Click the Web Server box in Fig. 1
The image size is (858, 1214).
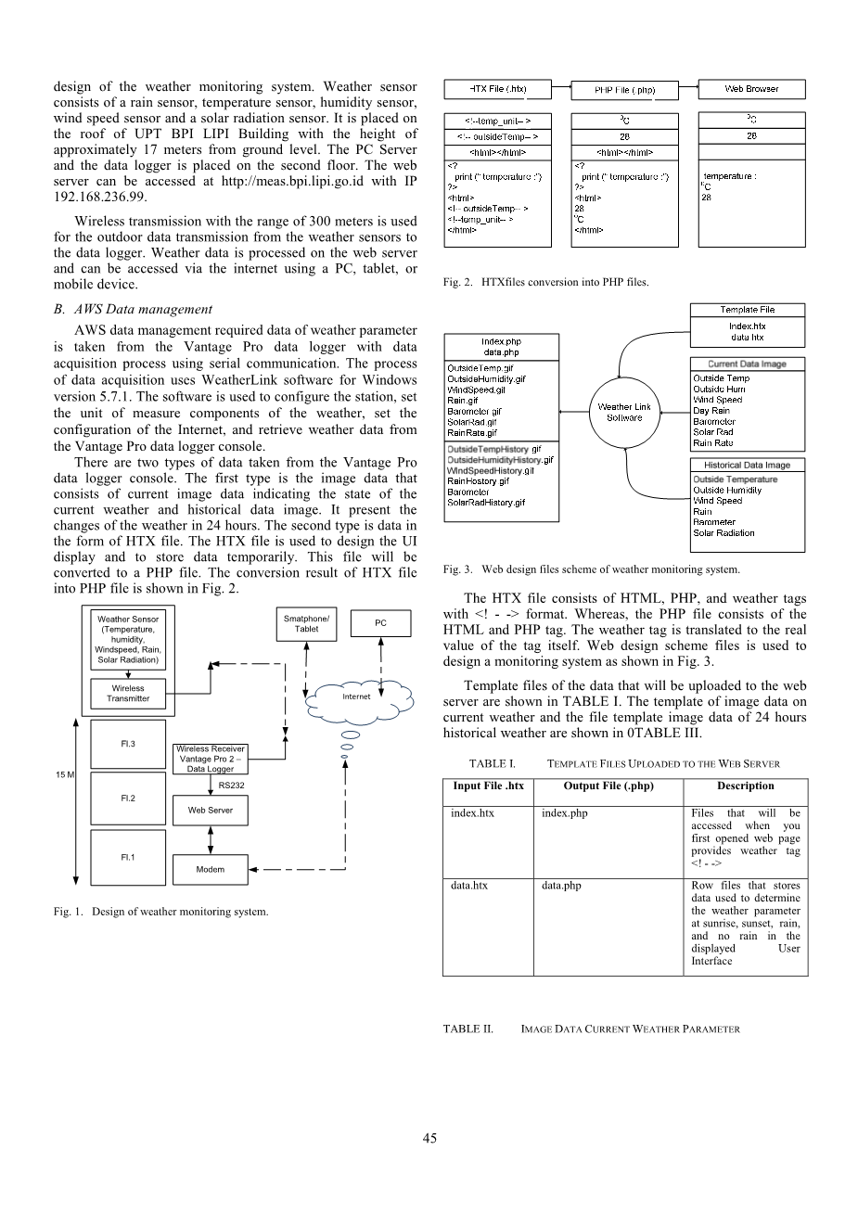pos(211,811)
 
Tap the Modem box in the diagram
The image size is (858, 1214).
pos(211,870)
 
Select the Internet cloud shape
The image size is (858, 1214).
pos(356,696)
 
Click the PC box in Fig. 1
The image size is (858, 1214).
pos(380,623)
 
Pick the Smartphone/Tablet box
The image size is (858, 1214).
pos(306,624)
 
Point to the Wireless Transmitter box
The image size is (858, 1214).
pos(128,694)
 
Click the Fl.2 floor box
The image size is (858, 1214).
pos(128,798)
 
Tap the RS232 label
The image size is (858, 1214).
pos(231,786)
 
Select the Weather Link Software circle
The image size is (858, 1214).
pos(624,412)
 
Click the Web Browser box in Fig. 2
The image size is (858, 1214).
pos(751,89)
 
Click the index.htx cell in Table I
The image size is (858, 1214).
pos(473,813)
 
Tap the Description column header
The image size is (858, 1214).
pos(745,786)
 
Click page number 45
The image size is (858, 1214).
pos(429,1139)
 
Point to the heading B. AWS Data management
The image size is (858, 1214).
pos(133,310)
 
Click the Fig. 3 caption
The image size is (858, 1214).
pos(591,569)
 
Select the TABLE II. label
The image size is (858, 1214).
pos(467,1029)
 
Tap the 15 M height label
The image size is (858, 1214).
pos(65,774)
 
